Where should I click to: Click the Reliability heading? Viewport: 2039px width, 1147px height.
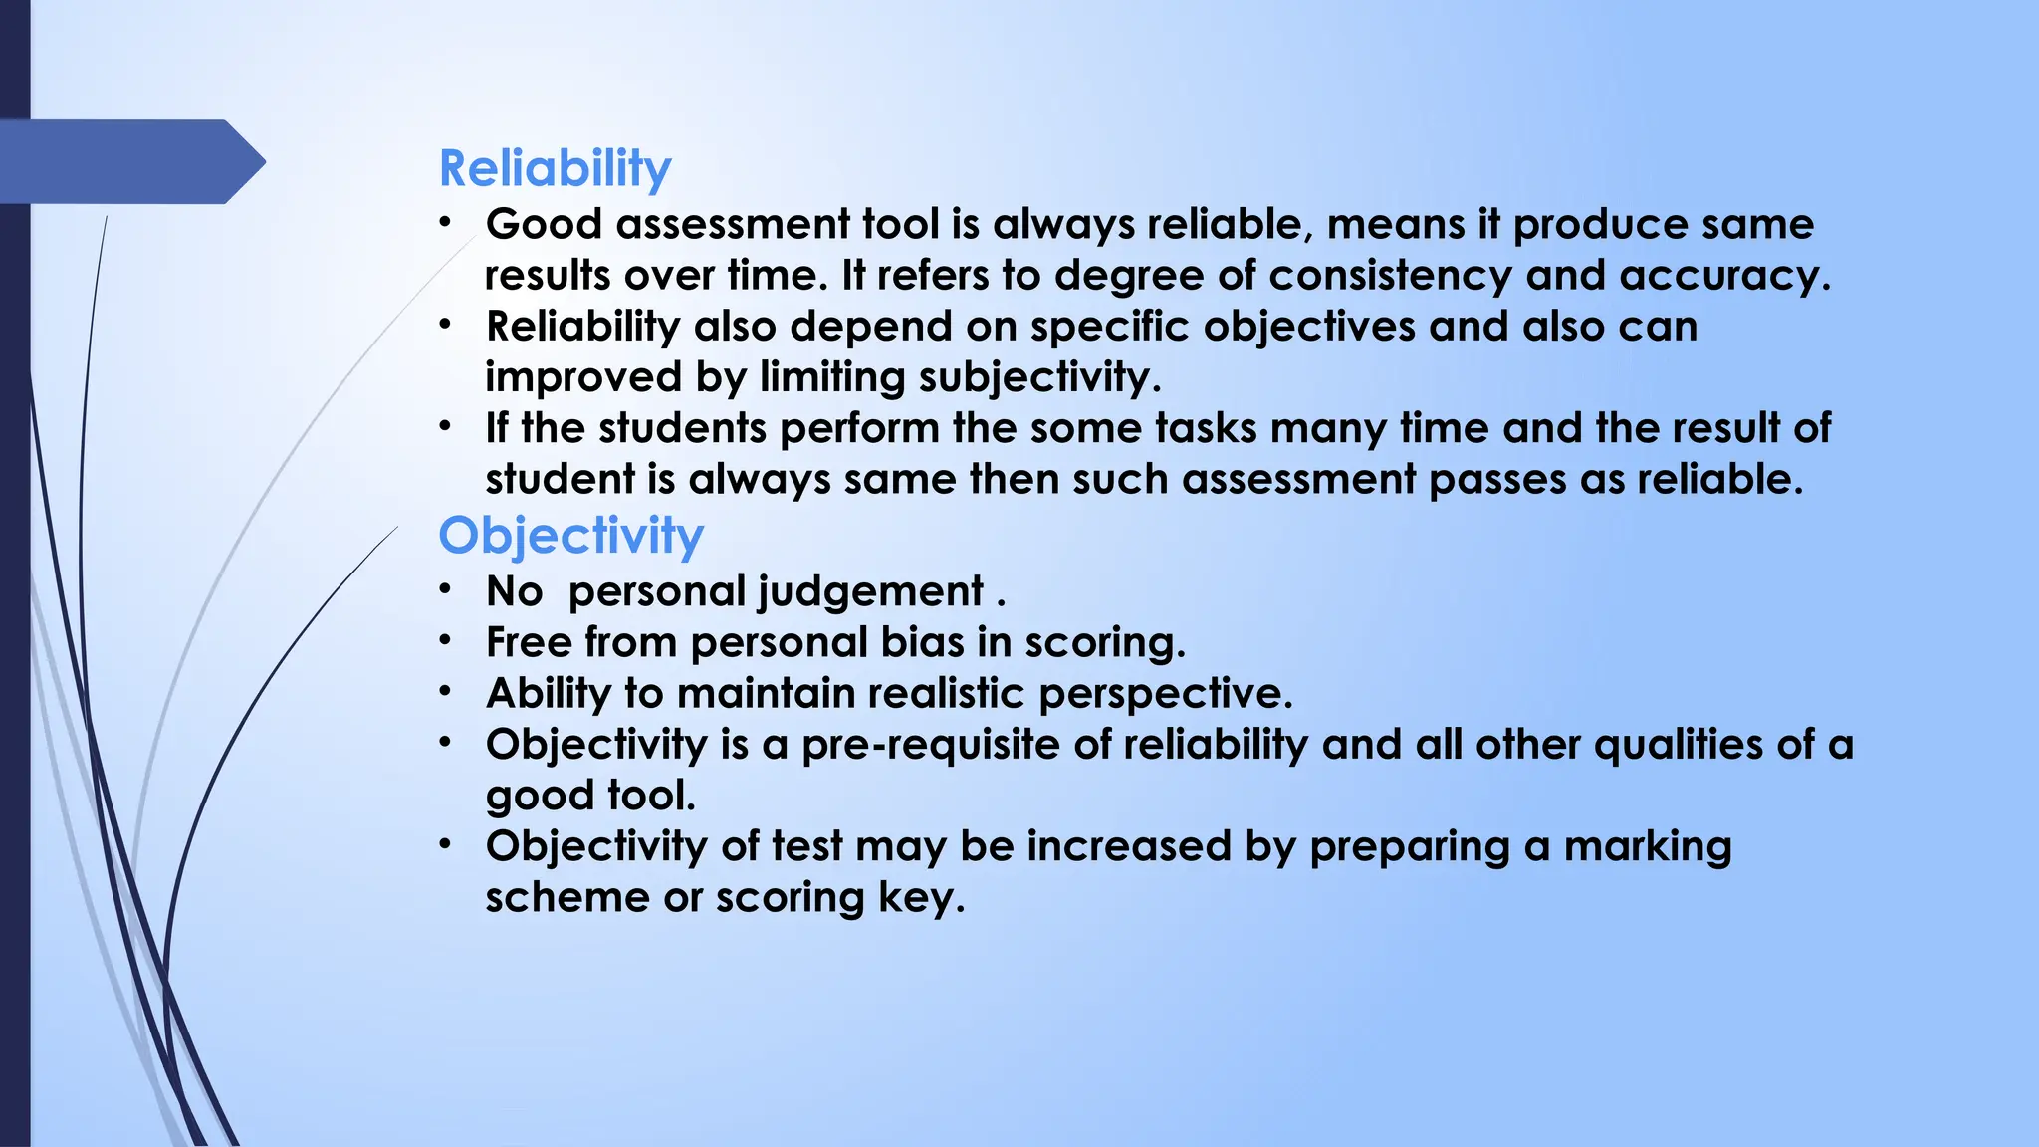(555, 168)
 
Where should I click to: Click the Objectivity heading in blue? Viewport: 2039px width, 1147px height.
(570, 536)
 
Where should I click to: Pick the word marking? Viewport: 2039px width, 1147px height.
(1648, 846)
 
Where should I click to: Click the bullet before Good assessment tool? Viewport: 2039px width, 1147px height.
(446, 222)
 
